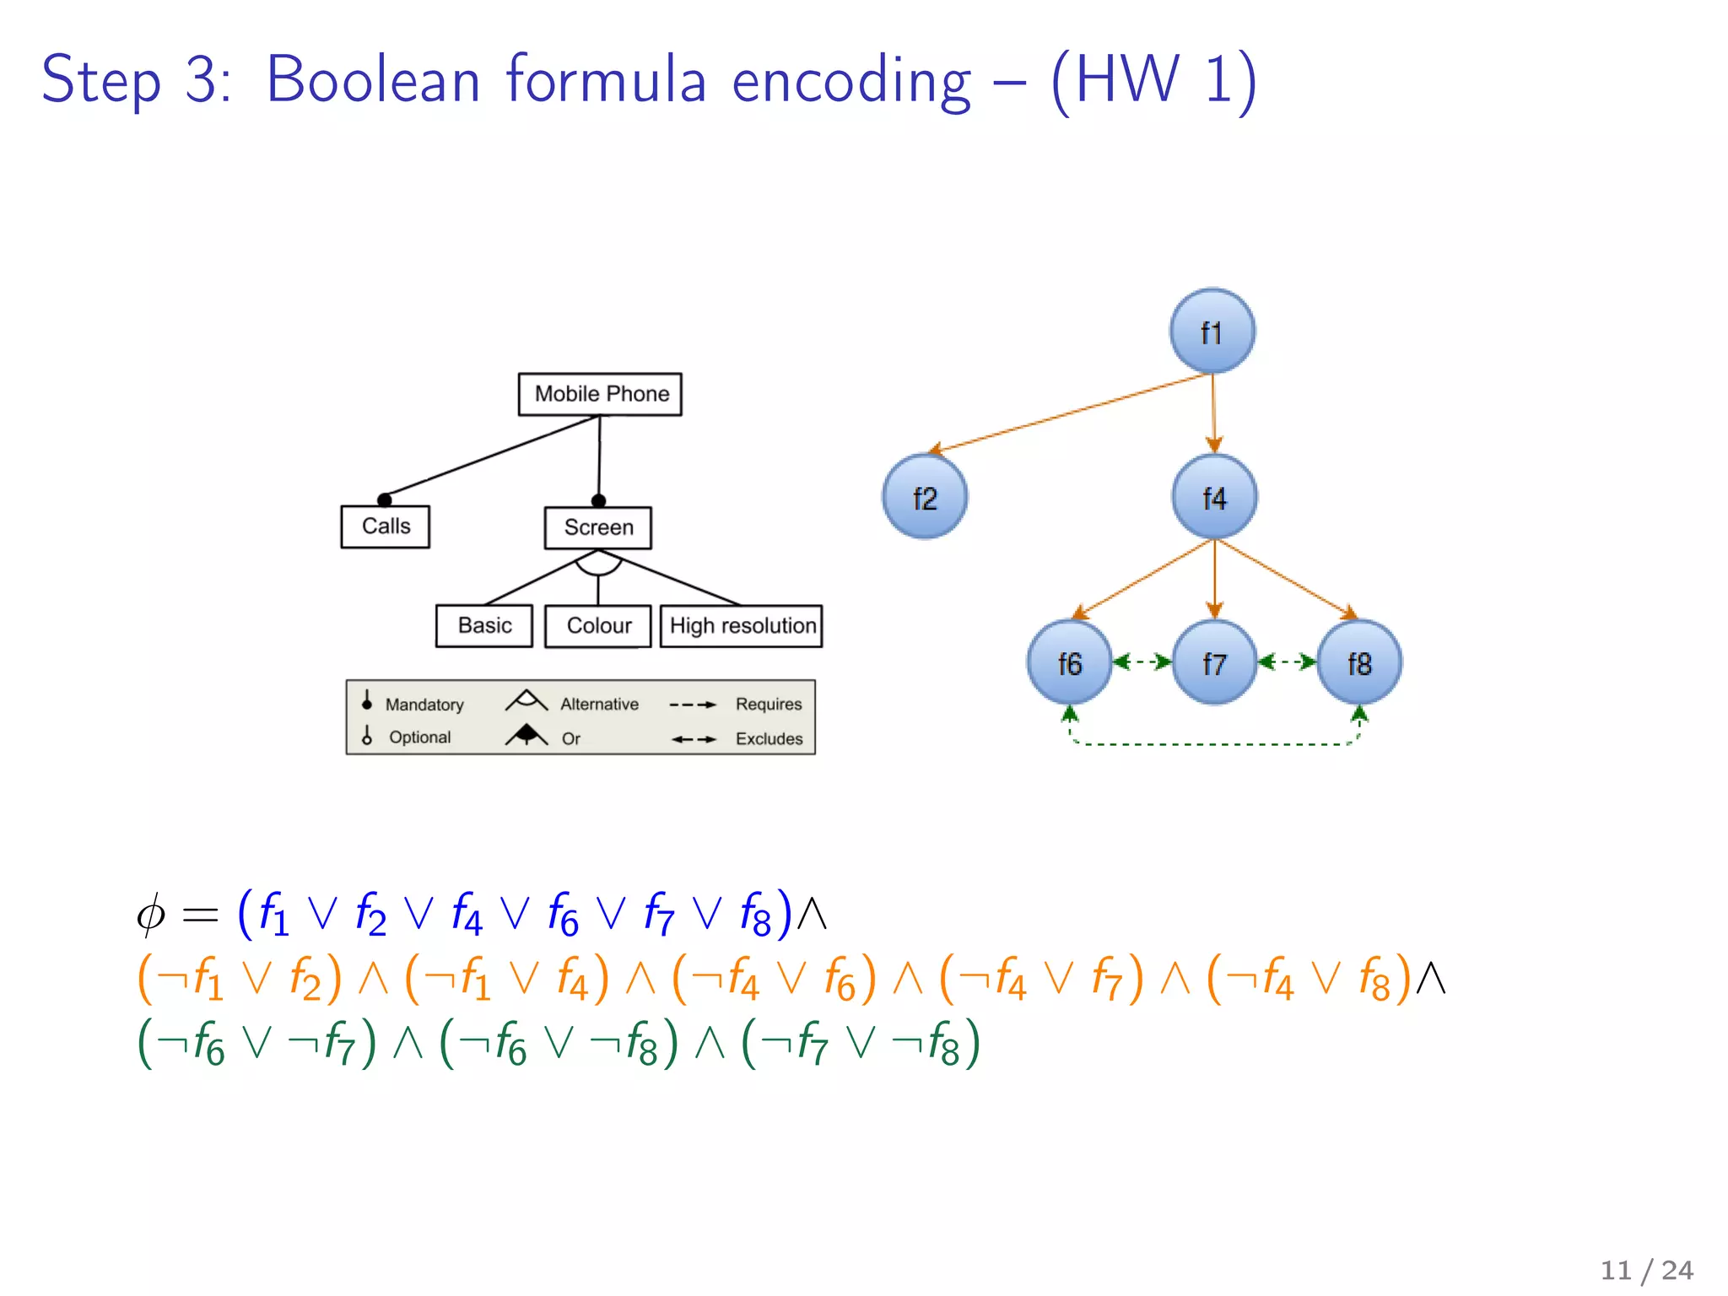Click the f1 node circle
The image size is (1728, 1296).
1212,332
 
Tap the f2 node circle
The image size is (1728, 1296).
925,497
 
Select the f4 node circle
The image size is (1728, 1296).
1214,497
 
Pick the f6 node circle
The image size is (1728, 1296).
1069,662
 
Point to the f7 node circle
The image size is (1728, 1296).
1214,662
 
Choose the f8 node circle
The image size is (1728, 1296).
1359,662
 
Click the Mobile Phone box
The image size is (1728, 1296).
600,394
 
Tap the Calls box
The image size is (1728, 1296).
386,526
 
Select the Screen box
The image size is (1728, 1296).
598,527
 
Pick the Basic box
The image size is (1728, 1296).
484,626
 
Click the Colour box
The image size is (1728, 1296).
598,626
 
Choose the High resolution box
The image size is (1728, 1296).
742,626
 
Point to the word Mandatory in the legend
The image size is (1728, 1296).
424,705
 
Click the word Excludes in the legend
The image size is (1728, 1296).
769,739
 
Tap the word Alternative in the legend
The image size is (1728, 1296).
599,704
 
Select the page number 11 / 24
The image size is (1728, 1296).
1646,1270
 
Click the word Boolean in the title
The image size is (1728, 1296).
373,80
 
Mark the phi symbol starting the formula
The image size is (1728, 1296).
151,915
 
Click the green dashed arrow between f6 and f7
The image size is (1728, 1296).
1142,662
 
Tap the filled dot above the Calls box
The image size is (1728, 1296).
385,499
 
